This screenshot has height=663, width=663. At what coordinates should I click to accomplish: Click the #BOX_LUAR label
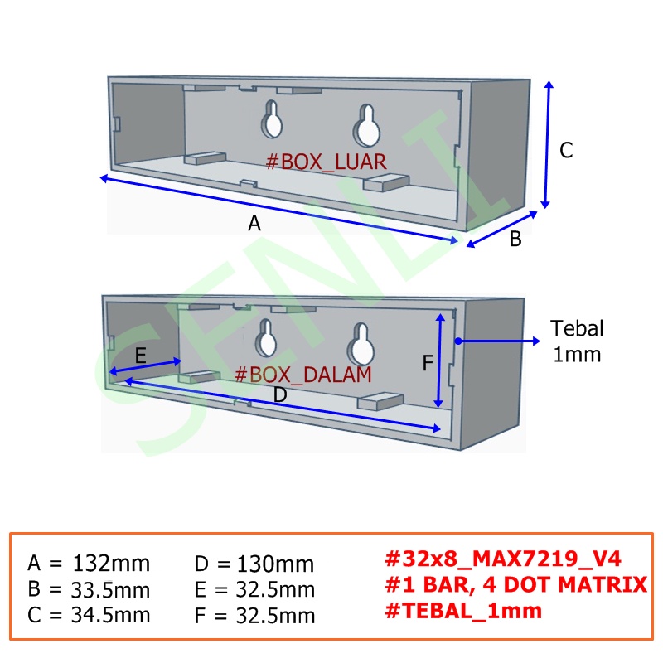click(326, 162)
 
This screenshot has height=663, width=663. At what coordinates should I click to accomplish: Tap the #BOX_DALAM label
click(302, 375)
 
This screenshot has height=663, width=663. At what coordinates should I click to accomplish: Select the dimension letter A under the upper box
click(254, 223)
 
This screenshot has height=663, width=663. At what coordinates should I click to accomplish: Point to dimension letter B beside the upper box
click(515, 239)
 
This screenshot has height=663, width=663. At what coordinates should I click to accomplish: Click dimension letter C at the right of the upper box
click(566, 150)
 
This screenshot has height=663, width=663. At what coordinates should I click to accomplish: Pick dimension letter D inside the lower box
click(280, 395)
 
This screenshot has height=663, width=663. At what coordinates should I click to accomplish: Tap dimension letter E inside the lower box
click(140, 356)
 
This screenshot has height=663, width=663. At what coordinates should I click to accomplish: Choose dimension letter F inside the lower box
click(428, 363)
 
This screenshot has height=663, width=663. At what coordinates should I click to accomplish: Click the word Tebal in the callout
click(577, 328)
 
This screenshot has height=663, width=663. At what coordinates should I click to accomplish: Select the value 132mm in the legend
click(111, 564)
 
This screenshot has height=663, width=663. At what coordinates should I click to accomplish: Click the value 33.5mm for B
click(110, 590)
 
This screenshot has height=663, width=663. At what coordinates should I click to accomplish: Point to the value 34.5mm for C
click(110, 615)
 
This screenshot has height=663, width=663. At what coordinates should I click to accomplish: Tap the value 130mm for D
click(275, 564)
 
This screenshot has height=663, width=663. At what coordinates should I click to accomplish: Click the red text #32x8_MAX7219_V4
click(503, 559)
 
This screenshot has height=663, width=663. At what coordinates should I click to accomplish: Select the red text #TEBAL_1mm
click(463, 611)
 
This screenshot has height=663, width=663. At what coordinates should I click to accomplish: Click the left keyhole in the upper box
click(272, 119)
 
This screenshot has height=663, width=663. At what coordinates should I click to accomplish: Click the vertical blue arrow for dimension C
click(547, 144)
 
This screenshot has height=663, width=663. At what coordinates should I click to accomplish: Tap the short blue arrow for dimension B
click(502, 230)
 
